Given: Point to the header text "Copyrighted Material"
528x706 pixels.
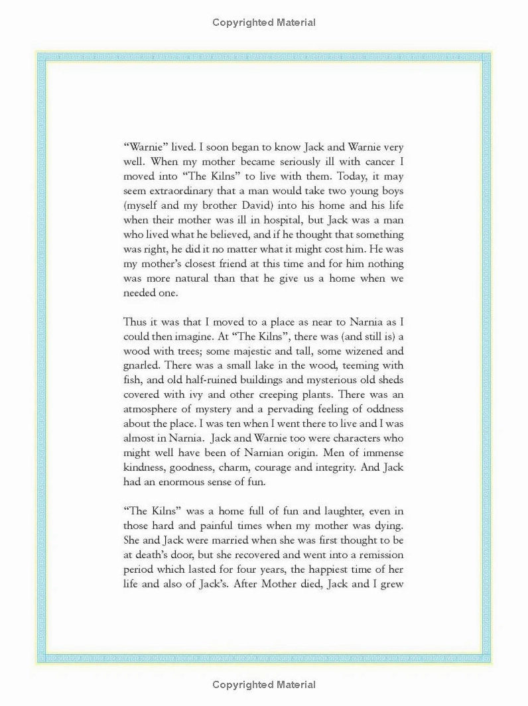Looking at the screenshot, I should (x=264, y=23).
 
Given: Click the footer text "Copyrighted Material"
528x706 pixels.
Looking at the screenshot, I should (x=264, y=684).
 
